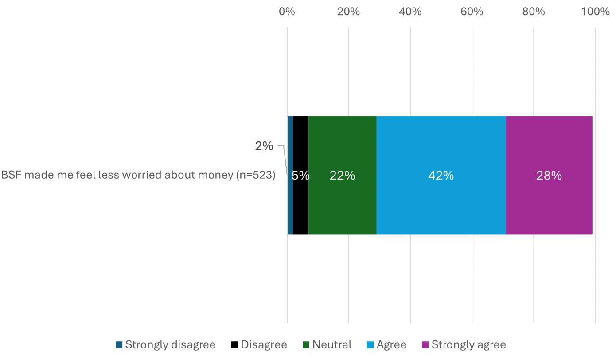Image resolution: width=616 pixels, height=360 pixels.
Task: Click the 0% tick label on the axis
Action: [x=287, y=12]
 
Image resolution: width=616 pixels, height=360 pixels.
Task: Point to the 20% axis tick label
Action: [x=348, y=12]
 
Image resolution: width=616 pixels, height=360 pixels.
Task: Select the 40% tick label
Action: [x=410, y=12]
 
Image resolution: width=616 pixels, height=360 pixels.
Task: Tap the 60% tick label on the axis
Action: [x=472, y=12]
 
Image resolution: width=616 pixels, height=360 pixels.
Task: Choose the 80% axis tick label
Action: [x=533, y=12]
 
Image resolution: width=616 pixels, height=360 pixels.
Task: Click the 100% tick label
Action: [x=595, y=12]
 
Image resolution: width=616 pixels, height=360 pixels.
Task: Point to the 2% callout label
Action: [x=264, y=146]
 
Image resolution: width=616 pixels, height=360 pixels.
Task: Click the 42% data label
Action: [x=441, y=176]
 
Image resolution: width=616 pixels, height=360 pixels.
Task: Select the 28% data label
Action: [x=549, y=176]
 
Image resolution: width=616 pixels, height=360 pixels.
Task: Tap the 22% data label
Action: [x=342, y=176]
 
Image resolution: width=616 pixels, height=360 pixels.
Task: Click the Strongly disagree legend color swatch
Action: [x=119, y=345]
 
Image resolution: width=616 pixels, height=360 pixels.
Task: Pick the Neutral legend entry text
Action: [x=332, y=345]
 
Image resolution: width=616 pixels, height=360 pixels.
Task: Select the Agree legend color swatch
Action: [x=370, y=345]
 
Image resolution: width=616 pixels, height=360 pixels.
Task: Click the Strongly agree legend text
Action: [x=468, y=345]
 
